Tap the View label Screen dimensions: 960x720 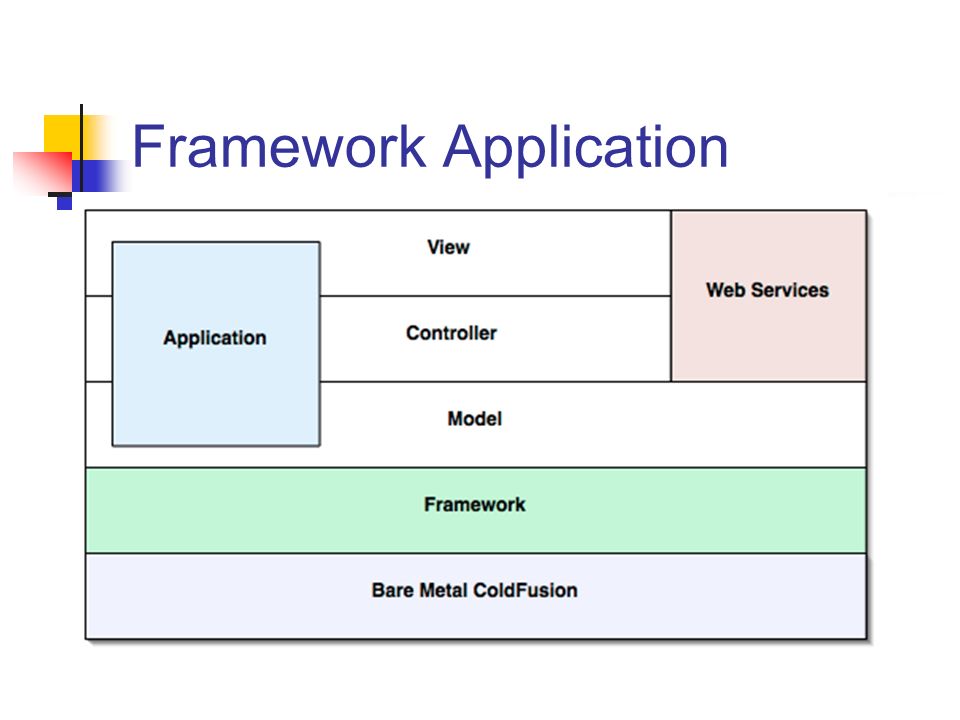click(449, 247)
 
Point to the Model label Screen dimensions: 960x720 click(474, 418)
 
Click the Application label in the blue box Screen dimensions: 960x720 click(215, 339)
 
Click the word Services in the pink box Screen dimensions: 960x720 click(790, 290)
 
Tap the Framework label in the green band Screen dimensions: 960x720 click(474, 504)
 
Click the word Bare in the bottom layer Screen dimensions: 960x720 click(392, 590)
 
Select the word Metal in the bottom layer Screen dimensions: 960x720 click(444, 590)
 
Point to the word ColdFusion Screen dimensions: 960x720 click(525, 590)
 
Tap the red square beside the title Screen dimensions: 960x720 click(43, 172)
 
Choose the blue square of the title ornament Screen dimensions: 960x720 click(97, 176)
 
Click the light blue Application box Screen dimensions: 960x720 click(216, 344)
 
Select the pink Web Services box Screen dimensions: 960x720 click(769, 296)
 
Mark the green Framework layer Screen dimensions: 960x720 click(476, 511)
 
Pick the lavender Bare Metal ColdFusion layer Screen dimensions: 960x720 click(476, 596)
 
